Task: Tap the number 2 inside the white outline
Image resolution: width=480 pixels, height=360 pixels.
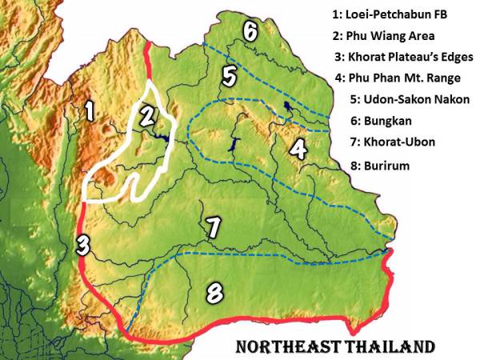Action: coord(146,116)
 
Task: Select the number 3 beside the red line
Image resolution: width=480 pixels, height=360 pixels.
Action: coord(82,244)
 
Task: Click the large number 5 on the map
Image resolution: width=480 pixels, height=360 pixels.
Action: coord(230,77)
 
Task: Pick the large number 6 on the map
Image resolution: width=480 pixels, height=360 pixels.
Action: coord(250,32)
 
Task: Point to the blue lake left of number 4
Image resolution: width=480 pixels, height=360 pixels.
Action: coord(235,149)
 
